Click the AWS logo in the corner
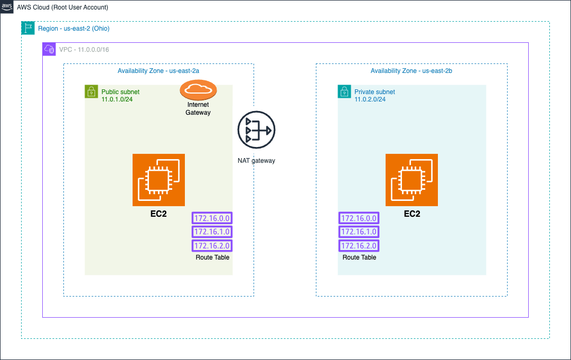click(x=6, y=7)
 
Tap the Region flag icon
click(x=28, y=28)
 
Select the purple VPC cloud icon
click(x=49, y=49)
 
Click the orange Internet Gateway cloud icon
click(x=198, y=90)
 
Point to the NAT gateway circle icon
click(x=256, y=130)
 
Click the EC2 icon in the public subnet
click(x=159, y=180)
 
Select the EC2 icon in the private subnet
click(x=412, y=180)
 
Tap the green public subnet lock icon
click(x=91, y=91)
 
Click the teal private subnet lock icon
click(x=344, y=91)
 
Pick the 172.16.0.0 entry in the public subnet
click(x=212, y=218)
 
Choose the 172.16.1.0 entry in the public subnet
click(x=212, y=232)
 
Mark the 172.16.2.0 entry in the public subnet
click(x=212, y=246)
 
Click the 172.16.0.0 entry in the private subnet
click(x=359, y=218)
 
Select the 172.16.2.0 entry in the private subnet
click(x=359, y=246)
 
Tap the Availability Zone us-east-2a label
click(x=158, y=71)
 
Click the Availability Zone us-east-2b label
click(x=411, y=71)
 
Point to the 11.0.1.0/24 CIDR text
click(x=117, y=99)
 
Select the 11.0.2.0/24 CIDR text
click(x=370, y=99)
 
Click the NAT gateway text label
click(x=256, y=161)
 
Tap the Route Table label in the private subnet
click(x=359, y=257)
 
